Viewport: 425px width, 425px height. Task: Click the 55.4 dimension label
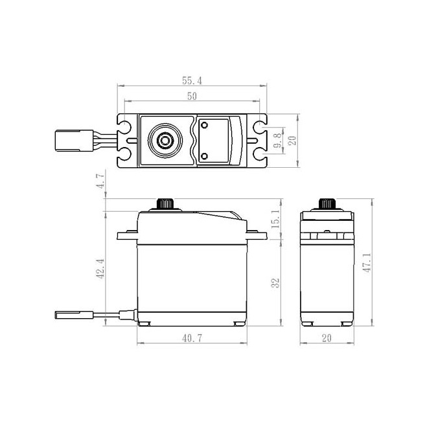coord(192,80)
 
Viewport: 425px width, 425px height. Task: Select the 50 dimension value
coord(192,96)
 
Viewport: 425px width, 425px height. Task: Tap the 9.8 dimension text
coord(277,140)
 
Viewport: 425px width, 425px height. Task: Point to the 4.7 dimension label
coord(100,181)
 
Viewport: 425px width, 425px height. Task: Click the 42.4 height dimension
coord(100,269)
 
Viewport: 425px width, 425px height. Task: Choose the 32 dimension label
coord(275,282)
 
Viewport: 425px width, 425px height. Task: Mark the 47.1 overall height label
coord(367,262)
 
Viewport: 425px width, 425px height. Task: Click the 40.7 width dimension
coord(192,338)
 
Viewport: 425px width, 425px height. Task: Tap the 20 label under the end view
coord(327,338)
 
